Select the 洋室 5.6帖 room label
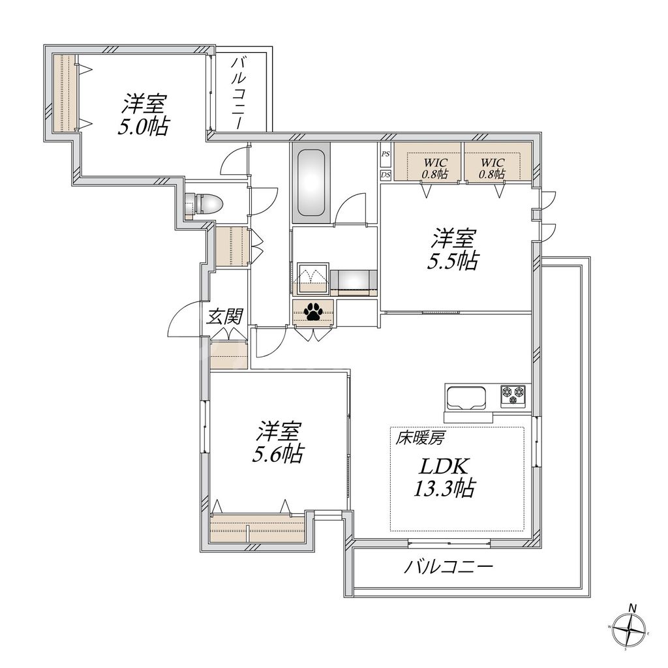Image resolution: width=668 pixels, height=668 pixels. pos(279,442)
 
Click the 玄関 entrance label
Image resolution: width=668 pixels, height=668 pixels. pos(225,317)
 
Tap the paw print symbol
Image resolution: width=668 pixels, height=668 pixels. pos(314,312)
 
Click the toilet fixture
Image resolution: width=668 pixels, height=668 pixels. pos(205,204)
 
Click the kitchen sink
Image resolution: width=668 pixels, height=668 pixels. pos(466,397)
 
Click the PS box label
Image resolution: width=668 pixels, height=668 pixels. pos(386,155)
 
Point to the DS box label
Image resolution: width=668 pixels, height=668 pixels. pos(386,174)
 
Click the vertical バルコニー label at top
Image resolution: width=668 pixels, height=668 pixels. pos(239,91)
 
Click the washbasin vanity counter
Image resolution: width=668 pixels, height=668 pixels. pos(353,281)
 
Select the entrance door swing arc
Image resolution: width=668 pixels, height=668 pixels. pos(183,320)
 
